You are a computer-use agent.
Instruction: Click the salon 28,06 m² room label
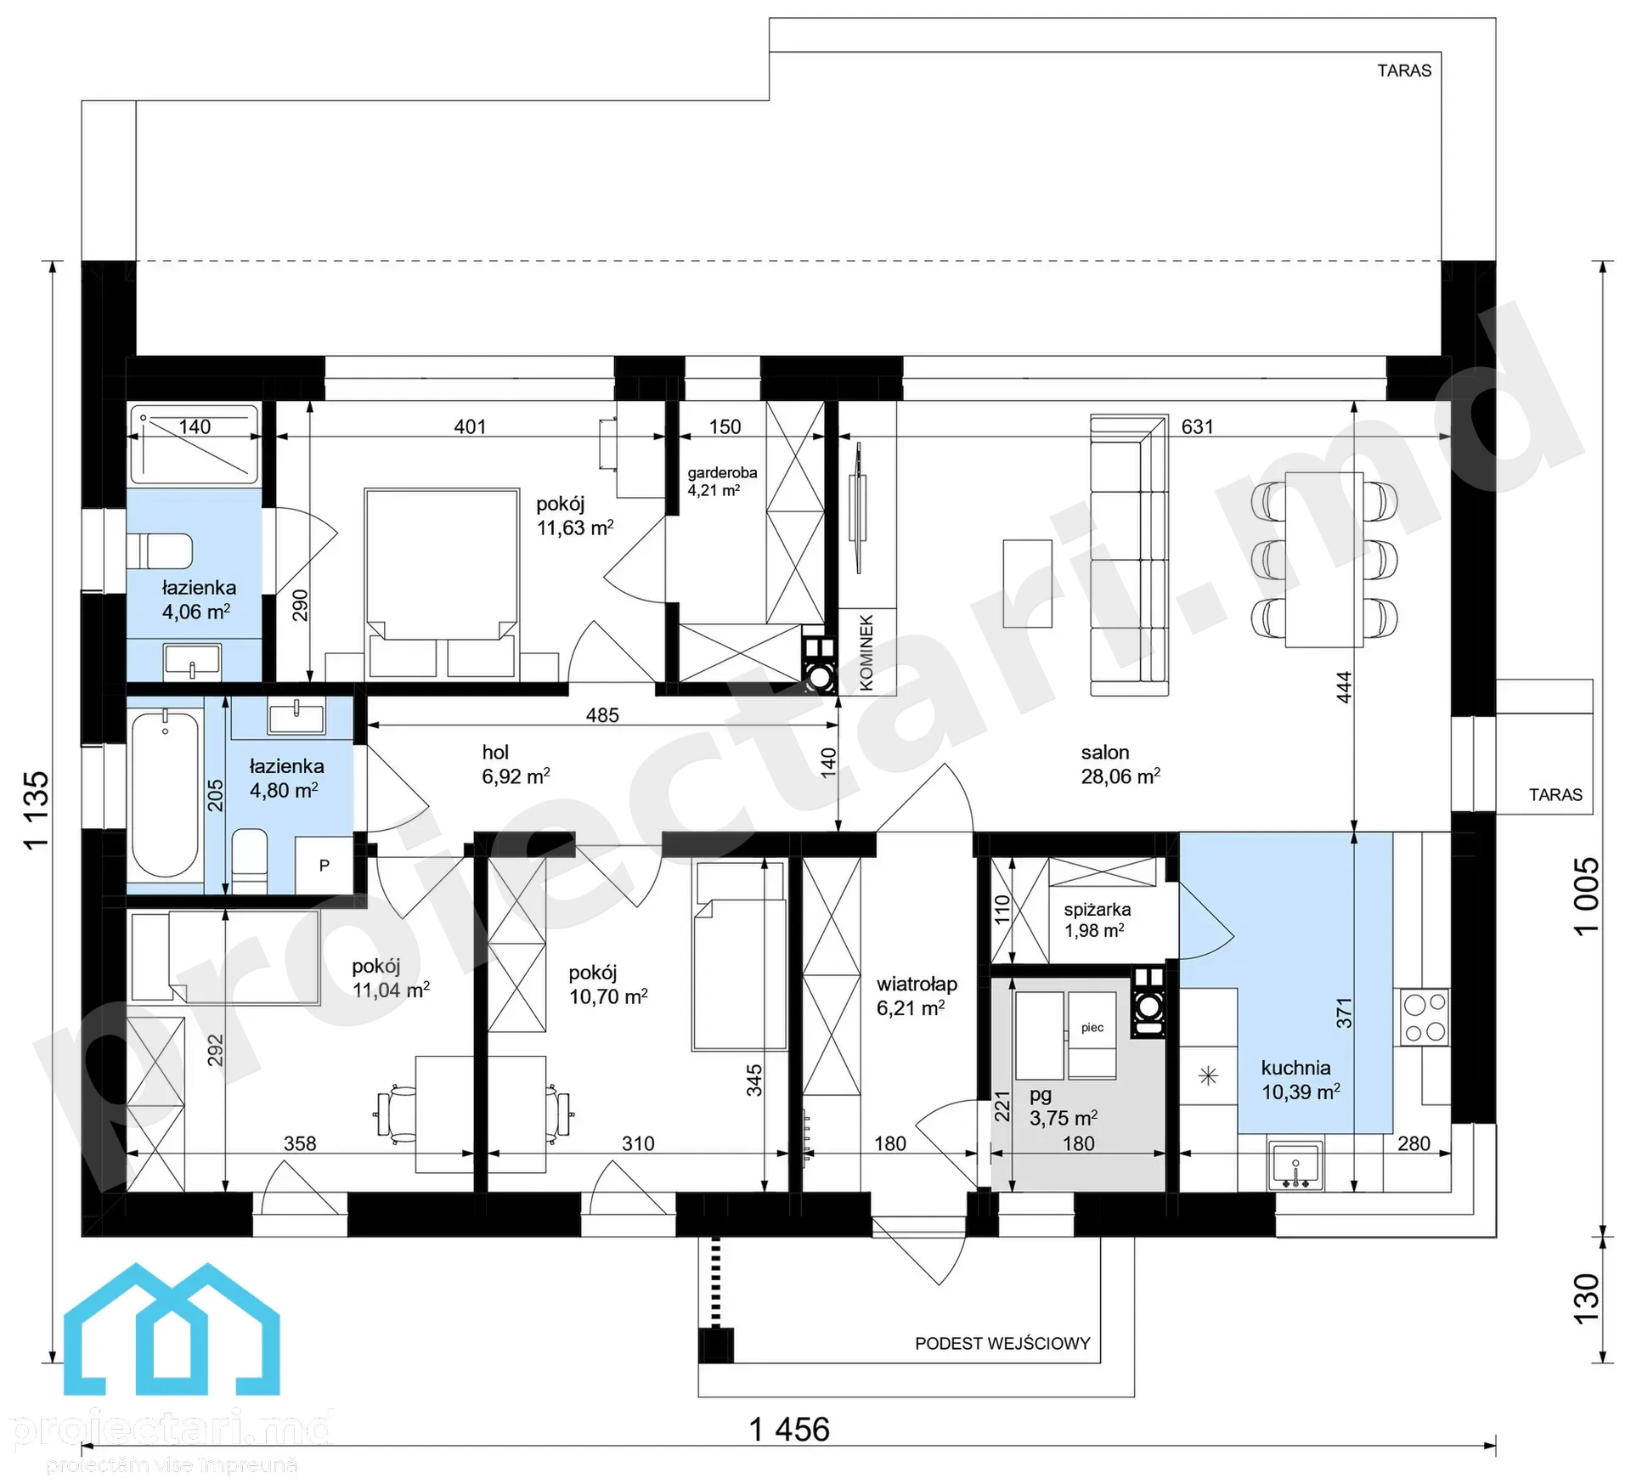click(x=1120, y=765)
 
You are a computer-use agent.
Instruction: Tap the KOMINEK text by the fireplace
click(x=866, y=652)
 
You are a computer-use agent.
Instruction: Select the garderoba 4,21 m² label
click(x=722, y=481)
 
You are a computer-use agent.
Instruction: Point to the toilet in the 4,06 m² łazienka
click(x=160, y=550)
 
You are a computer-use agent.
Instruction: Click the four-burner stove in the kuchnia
click(x=1425, y=1018)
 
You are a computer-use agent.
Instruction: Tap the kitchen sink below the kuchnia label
click(x=1296, y=1165)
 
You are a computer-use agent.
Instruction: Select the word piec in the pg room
click(x=1092, y=1027)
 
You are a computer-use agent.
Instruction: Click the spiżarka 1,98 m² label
click(x=1097, y=920)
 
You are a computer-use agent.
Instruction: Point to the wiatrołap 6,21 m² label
click(x=917, y=996)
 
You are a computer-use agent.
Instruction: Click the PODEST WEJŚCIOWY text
click(x=1002, y=1343)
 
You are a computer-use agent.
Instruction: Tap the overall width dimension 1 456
click(x=789, y=1429)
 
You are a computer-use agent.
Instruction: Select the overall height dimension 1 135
click(x=37, y=810)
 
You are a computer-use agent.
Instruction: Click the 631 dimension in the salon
click(x=1197, y=426)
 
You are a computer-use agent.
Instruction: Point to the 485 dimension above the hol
click(x=602, y=715)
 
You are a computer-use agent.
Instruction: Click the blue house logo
click(x=172, y=1331)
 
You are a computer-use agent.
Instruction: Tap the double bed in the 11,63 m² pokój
click(x=442, y=584)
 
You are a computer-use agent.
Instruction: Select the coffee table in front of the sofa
click(x=1027, y=584)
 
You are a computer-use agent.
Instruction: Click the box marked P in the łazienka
click(x=324, y=865)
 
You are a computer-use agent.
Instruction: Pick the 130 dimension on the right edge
click(x=1586, y=1298)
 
